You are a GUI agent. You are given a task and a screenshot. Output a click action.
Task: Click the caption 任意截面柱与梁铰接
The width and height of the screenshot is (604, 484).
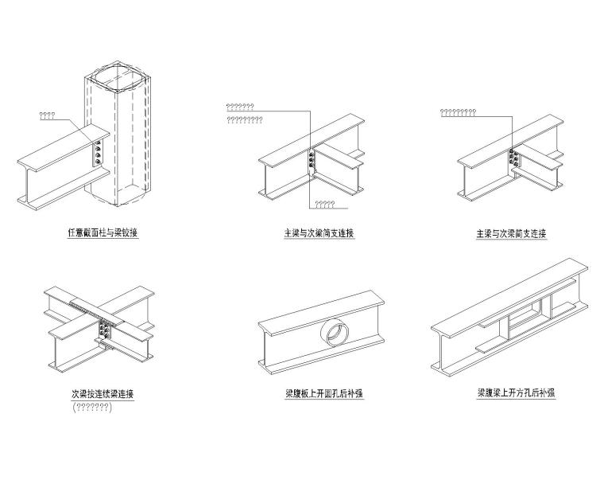coord(103,234)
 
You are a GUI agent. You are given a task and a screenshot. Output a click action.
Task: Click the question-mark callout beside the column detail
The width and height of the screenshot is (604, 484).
coord(47,115)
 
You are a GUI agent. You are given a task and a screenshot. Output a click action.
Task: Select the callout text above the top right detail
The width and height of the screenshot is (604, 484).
coord(458,112)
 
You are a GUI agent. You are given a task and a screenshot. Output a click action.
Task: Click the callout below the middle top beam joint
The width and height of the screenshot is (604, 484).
coord(324,205)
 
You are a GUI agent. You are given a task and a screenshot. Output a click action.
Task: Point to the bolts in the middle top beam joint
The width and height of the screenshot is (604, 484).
coord(312,160)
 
